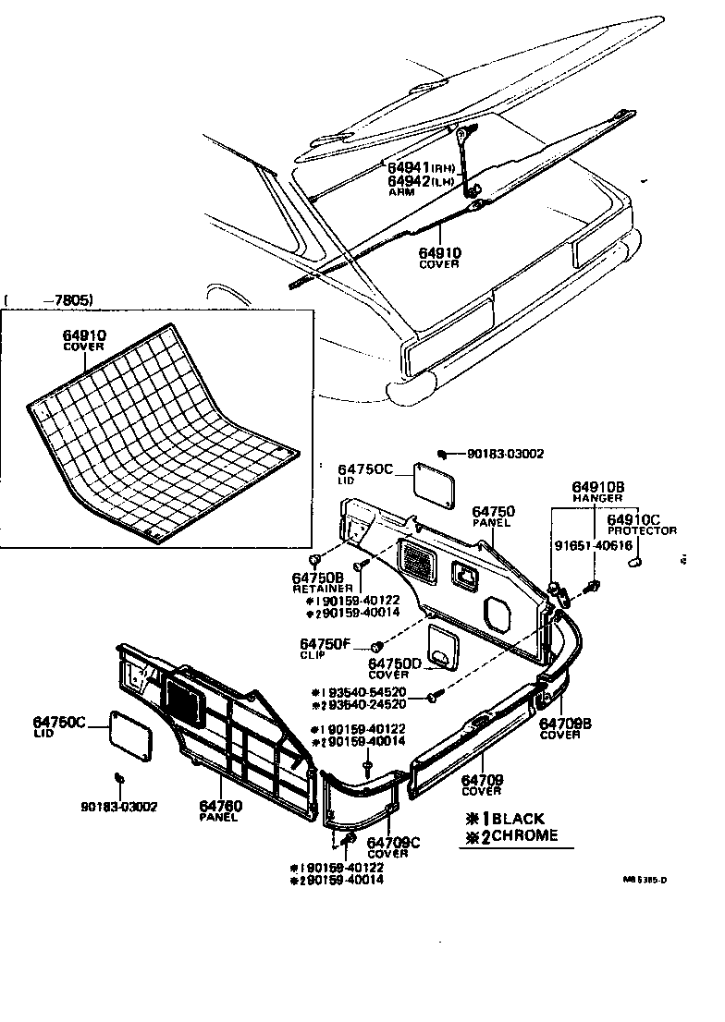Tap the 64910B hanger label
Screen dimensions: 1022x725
(x=597, y=487)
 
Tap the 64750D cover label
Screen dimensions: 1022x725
(x=395, y=663)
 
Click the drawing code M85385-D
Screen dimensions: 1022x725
(x=645, y=880)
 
